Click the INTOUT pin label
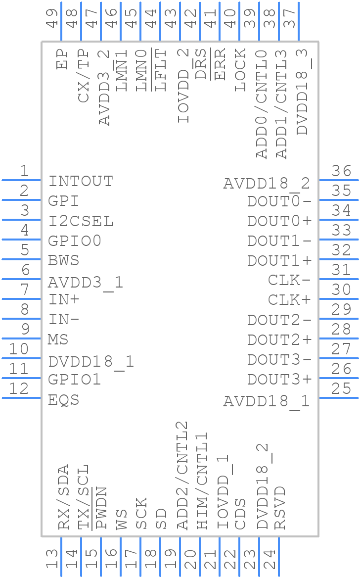[81, 182]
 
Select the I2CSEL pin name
[81, 221]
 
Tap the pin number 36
[342, 171]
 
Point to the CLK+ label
[289, 300]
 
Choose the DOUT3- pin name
[279, 360]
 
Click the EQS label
[64, 400]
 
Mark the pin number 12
[19, 389]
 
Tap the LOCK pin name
[240, 70]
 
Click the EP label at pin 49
[62, 59]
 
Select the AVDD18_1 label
[267, 400]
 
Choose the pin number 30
[342, 290]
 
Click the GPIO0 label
[75, 241]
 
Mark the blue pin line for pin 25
[339, 398]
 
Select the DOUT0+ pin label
[279, 221]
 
